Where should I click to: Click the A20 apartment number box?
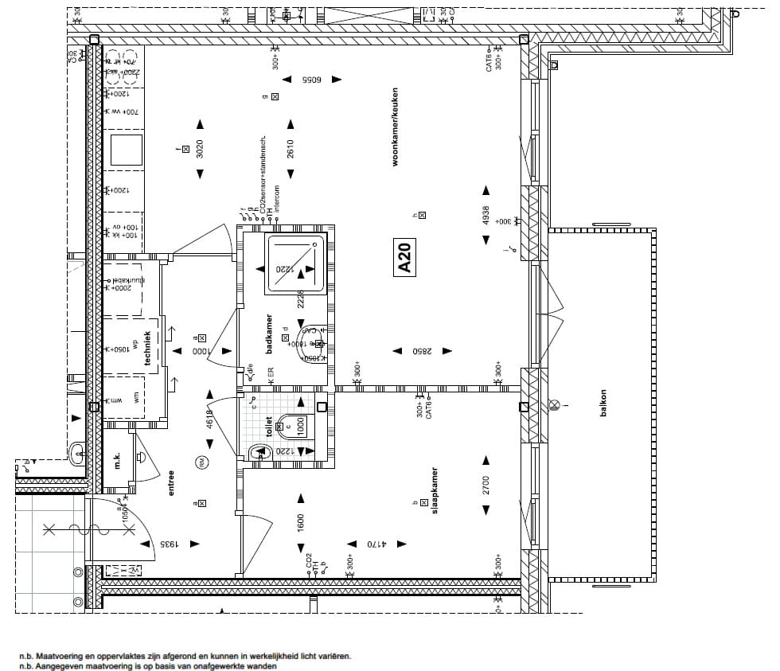[x=404, y=259]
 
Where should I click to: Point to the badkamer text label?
[x=270, y=334]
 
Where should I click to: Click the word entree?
[x=170, y=482]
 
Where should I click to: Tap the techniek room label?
[x=147, y=351]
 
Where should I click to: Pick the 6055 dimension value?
[x=310, y=80]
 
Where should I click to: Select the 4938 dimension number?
[x=485, y=217]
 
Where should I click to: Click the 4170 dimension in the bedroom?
[x=376, y=544]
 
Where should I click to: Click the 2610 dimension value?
[x=291, y=149]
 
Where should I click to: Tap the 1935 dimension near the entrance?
[x=169, y=544]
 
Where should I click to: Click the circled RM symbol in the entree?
[x=201, y=462]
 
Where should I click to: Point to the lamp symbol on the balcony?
[x=554, y=405]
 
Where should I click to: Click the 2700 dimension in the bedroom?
[x=485, y=485]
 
